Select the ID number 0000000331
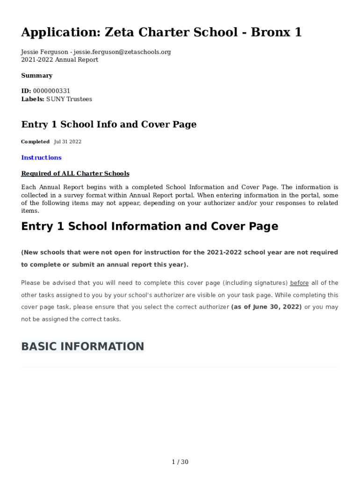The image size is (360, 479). click(51, 91)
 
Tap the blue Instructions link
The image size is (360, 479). click(41, 158)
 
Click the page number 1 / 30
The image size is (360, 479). click(180, 462)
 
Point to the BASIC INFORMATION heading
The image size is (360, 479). click(83, 347)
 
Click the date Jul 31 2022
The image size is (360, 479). click(68, 142)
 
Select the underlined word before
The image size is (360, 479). click(299, 283)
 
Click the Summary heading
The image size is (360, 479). click(36, 75)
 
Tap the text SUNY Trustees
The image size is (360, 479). click(69, 99)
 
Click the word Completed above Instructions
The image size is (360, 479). click(35, 142)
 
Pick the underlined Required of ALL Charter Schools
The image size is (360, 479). click(75, 174)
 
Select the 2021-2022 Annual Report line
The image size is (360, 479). click(60, 60)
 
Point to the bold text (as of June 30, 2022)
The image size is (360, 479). click(266, 307)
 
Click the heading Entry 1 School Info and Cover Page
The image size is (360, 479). click(109, 124)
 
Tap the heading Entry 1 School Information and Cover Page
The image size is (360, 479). click(150, 226)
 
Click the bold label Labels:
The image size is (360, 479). click(33, 99)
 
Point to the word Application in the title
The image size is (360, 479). click(58, 32)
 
